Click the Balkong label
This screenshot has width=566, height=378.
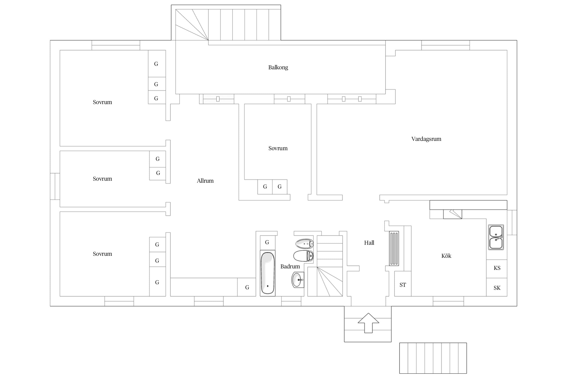278,67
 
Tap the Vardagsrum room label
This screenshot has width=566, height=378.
426,139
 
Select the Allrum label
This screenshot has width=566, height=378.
205,181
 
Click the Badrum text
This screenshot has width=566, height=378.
290,266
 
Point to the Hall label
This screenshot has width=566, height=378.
369,243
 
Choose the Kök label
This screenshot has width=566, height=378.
446,256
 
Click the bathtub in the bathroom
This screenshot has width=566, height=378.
267,273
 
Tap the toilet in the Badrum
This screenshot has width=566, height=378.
303,256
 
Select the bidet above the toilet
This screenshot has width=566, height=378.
304,243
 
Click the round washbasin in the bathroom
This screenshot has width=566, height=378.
298,280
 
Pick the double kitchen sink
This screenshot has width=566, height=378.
496,237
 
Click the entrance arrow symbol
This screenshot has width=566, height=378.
368,323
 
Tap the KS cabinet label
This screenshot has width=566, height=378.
497,268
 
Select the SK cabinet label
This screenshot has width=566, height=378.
497,288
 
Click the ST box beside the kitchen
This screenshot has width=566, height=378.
403,284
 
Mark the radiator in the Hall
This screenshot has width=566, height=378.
394,248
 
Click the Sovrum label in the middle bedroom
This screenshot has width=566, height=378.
278,148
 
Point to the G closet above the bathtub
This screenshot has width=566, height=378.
267,242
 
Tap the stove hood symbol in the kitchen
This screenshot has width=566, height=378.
452,214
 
